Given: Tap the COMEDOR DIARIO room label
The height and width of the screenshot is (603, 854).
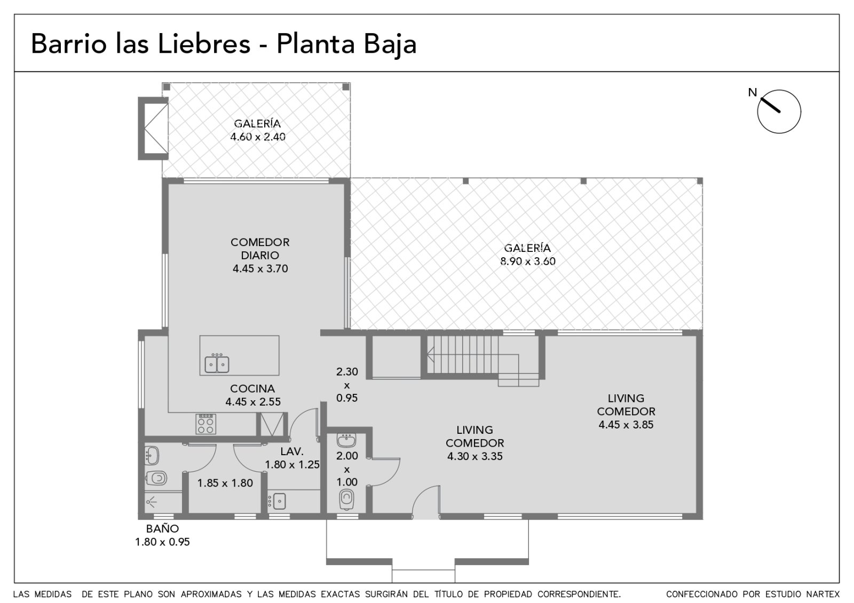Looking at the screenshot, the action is [x=260, y=249].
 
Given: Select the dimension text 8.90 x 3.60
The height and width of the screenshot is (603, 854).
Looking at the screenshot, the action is [x=528, y=261].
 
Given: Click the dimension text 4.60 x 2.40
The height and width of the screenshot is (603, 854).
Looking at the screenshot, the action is [x=258, y=137].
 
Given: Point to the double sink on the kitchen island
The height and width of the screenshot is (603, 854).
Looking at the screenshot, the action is [x=217, y=364].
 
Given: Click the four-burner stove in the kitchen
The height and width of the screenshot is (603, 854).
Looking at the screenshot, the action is [x=206, y=424].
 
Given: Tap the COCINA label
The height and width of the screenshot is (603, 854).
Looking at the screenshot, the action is [x=252, y=389].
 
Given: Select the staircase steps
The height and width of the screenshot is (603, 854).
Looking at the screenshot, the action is [x=463, y=354].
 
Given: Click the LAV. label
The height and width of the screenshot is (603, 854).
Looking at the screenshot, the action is [x=292, y=451].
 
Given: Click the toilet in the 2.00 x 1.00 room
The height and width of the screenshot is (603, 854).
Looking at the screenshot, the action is [x=346, y=499].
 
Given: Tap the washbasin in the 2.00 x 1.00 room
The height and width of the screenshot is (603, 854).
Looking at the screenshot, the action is [x=346, y=440].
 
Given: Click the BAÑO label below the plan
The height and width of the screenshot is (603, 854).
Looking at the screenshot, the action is [x=162, y=529].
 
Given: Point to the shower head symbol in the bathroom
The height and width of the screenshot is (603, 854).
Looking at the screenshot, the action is [x=152, y=502].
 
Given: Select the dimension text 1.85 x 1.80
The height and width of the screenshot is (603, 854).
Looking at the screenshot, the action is [x=225, y=483].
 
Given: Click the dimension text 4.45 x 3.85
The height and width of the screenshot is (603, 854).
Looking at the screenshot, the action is [x=626, y=425].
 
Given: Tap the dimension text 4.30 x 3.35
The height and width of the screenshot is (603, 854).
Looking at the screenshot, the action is [x=475, y=457].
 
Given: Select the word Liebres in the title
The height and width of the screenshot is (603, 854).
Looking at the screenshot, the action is [x=204, y=43].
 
